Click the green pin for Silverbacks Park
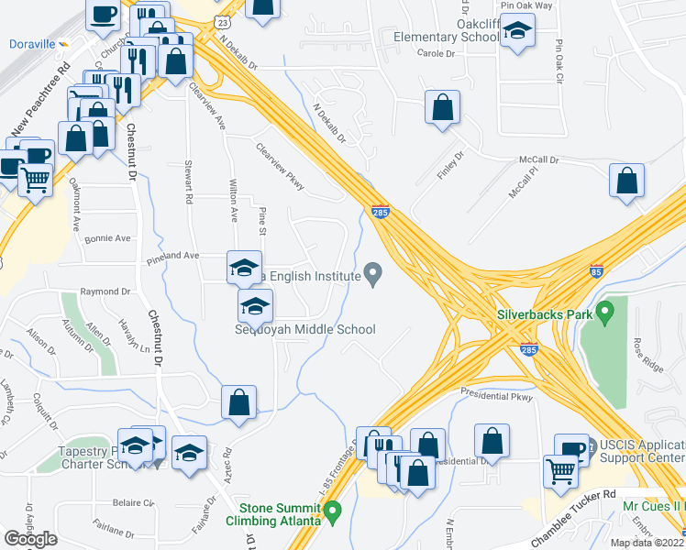pyautogui.click(x=604, y=313)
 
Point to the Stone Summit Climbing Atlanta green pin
pyautogui.click(x=332, y=509)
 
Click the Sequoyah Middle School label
pyautogui.click(x=304, y=329)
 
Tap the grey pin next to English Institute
pyautogui.click(x=373, y=272)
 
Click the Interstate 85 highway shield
pyautogui.click(x=597, y=272)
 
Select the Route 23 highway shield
pyautogui.click(x=221, y=20)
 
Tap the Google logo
pyautogui.click(x=30, y=539)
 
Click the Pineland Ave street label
pyautogui.click(x=172, y=257)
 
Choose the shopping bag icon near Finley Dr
pyautogui.click(x=443, y=107)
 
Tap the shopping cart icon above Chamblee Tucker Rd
pyautogui.click(x=561, y=471)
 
